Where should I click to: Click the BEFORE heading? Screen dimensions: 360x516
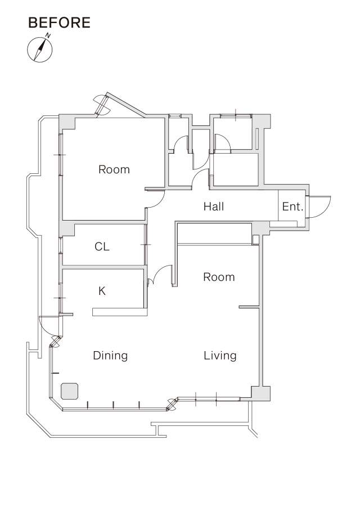click(59, 23)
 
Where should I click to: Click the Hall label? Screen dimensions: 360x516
click(214, 207)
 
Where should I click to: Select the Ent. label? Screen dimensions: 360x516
click(292, 207)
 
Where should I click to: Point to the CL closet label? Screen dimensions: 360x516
click(102, 246)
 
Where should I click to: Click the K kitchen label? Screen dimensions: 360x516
click(102, 291)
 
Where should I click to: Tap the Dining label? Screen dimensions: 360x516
click(110, 356)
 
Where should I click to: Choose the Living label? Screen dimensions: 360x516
click(220, 356)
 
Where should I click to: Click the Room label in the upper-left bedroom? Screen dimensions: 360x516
click(114, 169)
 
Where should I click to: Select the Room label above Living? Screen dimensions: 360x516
click(219, 277)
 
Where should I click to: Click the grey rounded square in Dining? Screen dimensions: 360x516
click(69, 391)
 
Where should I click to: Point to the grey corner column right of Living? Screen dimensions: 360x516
click(261, 393)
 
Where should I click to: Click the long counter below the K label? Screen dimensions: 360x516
click(119, 312)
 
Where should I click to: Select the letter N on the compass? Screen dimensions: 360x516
click(48, 35)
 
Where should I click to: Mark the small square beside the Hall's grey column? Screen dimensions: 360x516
click(256, 239)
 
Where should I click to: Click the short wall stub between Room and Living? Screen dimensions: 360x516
click(249, 307)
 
